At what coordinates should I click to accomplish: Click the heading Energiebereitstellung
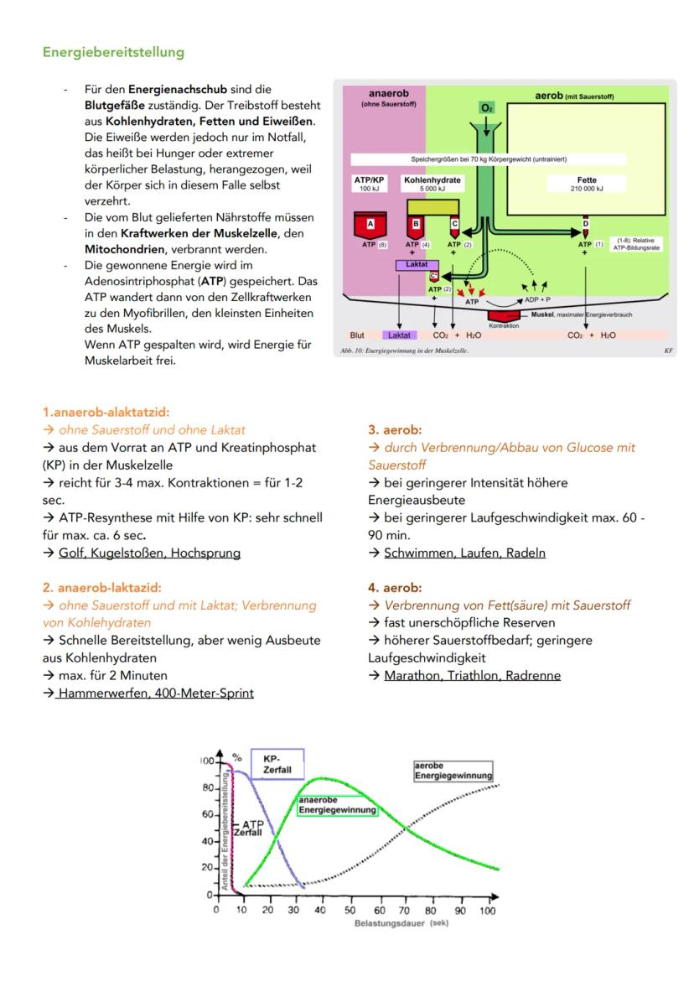[x=113, y=52]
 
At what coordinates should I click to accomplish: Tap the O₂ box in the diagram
[x=486, y=108]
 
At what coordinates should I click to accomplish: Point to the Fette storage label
[x=587, y=183]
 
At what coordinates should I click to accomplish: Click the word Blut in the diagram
[x=357, y=335]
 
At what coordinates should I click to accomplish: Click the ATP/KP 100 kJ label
[x=370, y=183]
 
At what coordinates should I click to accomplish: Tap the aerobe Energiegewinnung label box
[x=453, y=771]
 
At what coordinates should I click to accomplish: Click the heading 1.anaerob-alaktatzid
[x=106, y=412]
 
